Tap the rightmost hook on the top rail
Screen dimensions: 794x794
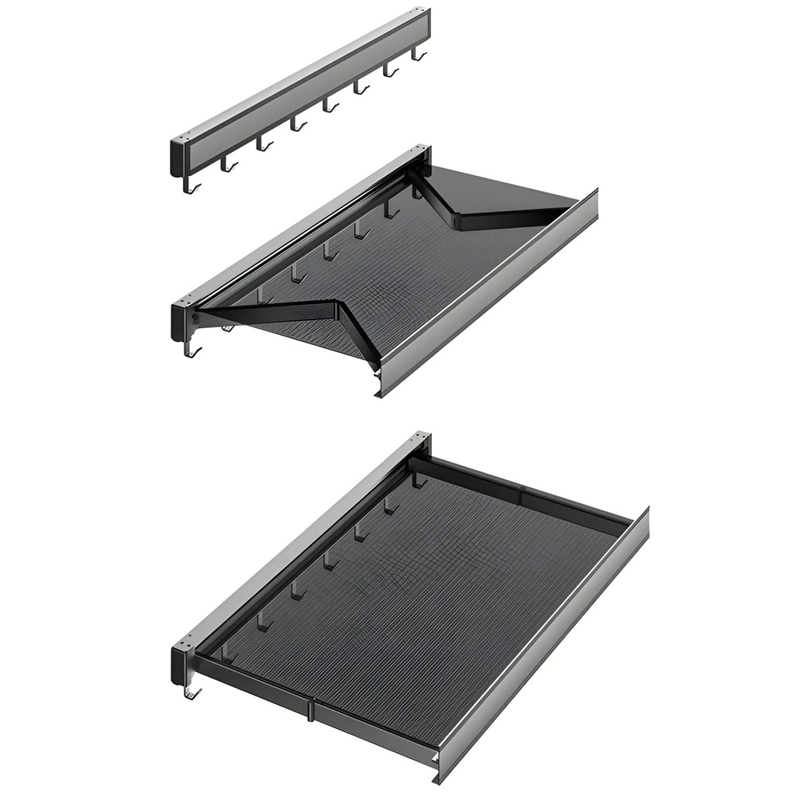coord(418,54)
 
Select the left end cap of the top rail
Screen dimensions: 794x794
coord(178,157)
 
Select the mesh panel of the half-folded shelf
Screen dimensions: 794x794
coord(403,271)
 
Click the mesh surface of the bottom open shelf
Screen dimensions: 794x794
coord(411,589)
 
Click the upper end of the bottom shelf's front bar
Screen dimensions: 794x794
coord(642,518)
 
